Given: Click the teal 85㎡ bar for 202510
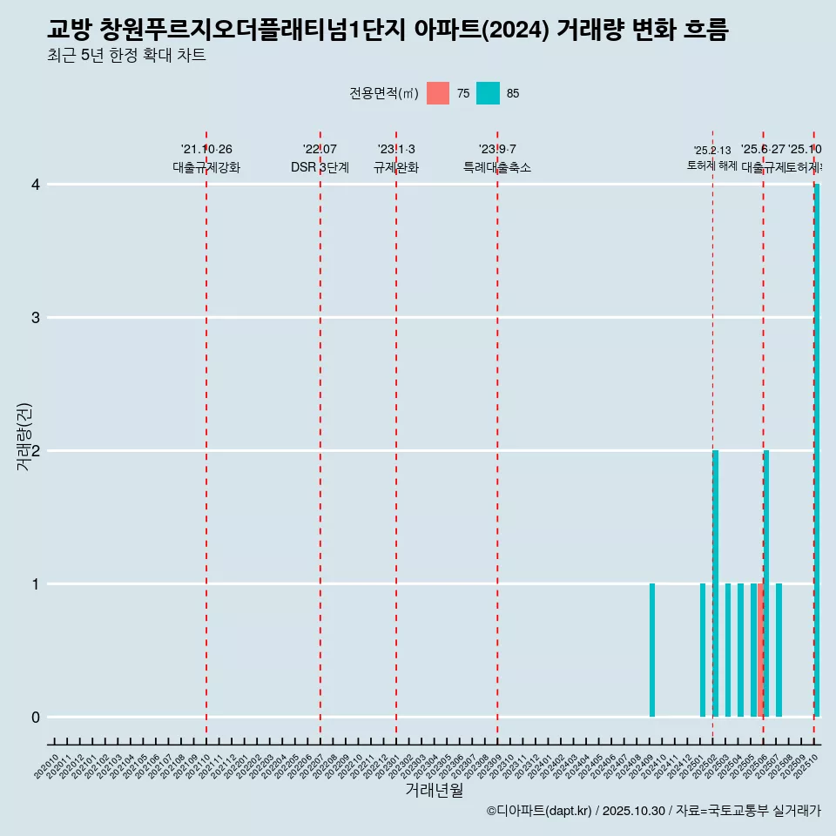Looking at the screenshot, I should (x=817, y=450).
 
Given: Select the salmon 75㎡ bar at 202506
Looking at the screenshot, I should (x=760, y=651).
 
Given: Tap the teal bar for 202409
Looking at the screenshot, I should (x=652, y=651).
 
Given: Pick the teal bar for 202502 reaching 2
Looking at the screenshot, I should (x=716, y=583).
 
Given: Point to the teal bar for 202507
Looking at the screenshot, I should (x=779, y=651).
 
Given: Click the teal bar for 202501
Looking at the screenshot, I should (x=703, y=651).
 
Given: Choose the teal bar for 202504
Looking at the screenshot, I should (x=741, y=651).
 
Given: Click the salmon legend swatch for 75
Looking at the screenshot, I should (x=438, y=93).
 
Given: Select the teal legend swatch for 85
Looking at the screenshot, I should (x=489, y=93).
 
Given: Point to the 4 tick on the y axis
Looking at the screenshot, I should (x=36, y=185).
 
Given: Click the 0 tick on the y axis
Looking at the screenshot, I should (x=36, y=718).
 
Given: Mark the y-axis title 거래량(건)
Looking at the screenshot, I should (x=24, y=436).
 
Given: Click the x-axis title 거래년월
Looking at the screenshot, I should (x=434, y=790).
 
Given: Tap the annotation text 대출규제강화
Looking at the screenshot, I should (x=206, y=167).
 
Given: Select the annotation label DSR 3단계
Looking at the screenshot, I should (x=320, y=167).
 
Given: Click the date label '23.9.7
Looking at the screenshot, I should (x=497, y=149).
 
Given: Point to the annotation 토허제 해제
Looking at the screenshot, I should (x=712, y=165).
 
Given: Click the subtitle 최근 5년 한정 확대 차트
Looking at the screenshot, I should (x=126, y=56).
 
